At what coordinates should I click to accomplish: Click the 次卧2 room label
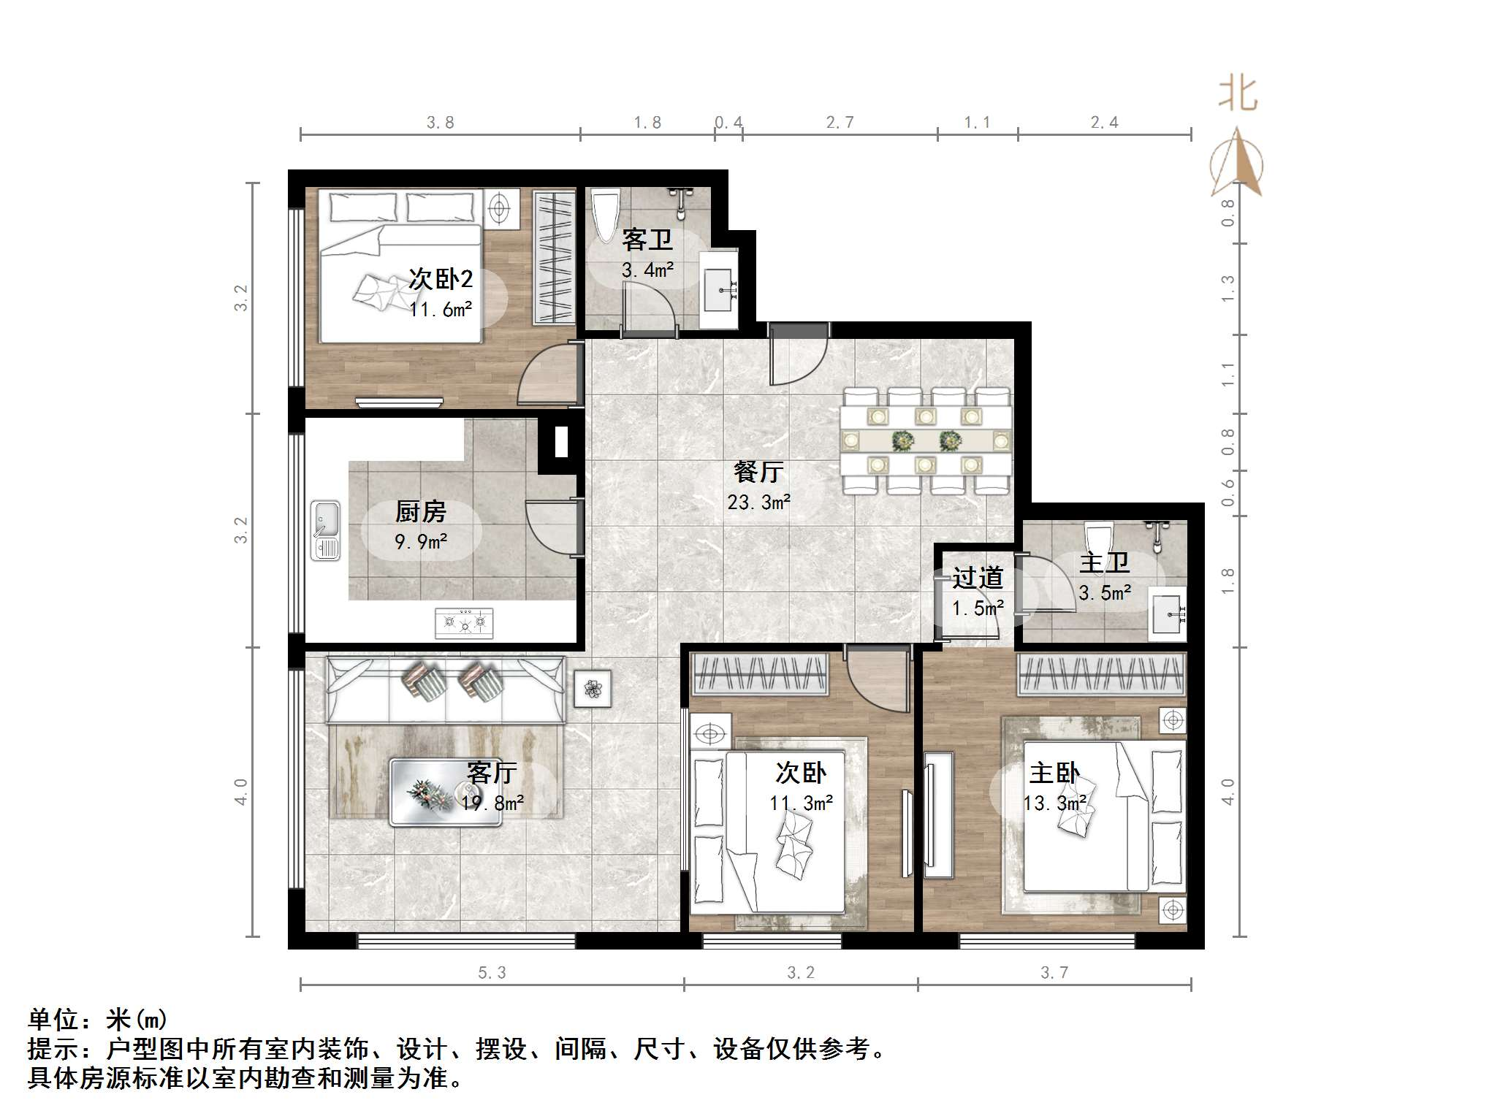(x=441, y=279)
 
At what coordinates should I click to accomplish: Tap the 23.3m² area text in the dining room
(x=758, y=503)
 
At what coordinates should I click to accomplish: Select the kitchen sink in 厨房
(x=326, y=530)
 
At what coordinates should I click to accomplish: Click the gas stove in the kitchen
(x=464, y=623)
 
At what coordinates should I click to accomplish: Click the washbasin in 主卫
(x=1166, y=614)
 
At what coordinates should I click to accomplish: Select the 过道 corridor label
(x=978, y=578)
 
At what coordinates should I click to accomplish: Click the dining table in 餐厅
(x=926, y=440)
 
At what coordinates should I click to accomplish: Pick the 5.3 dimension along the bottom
(x=492, y=973)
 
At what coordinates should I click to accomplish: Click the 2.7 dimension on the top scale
(x=840, y=123)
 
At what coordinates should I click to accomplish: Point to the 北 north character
(x=1237, y=96)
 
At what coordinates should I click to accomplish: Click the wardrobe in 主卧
(x=1101, y=673)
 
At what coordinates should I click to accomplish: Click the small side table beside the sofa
(x=593, y=688)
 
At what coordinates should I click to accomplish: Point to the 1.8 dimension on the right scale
(x=1228, y=580)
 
